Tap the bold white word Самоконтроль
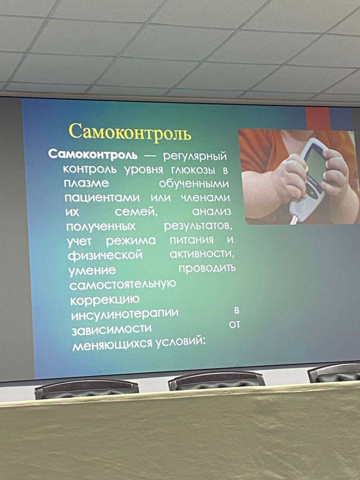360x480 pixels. pyautogui.click(x=93, y=155)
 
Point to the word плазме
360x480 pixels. pyautogui.click(x=86, y=183)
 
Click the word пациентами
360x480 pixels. pyautogui.click(x=102, y=198)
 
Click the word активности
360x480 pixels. pyautogui.click(x=202, y=254)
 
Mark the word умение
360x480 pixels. pyautogui.click(x=92, y=271)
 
